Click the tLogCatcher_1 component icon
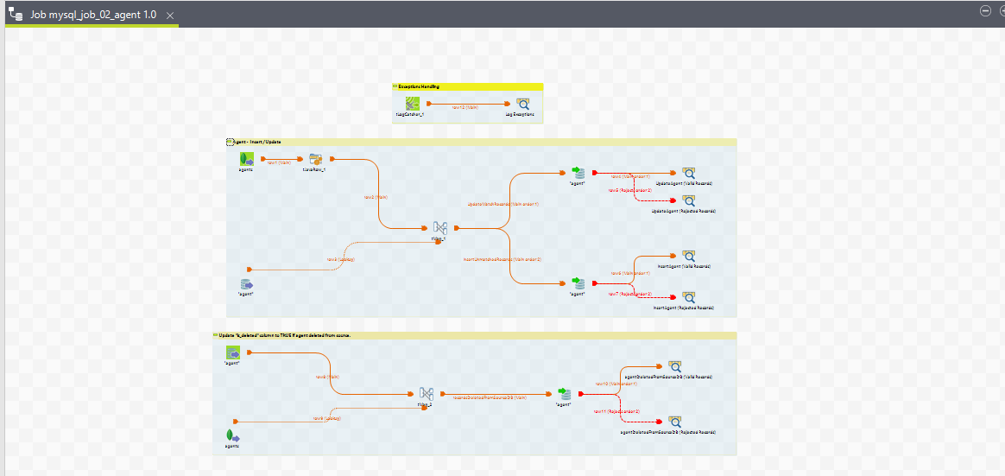[x=413, y=103]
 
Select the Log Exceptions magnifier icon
[x=522, y=103]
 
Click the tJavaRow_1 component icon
[x=316, y=159]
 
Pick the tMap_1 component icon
[x=439, y=227]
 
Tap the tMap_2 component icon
[x=426, y=394]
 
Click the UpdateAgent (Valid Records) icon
[x=688, y=173]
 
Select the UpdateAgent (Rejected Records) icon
[x=688, y=200]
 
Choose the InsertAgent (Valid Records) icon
[x=688, y=256]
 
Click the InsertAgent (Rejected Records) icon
[x=688, y=297]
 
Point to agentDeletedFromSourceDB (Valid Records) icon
[x=674, y=366]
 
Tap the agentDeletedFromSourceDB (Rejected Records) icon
[x=674, y=422]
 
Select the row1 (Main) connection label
[x=278, y=162]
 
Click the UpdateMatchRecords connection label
[x=503, y=205]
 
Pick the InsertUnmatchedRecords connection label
[x=502, y=259]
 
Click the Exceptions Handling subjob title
[x=419, y=86]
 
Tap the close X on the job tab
[x=170, y=16]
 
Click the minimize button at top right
[x=985, y=10]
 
